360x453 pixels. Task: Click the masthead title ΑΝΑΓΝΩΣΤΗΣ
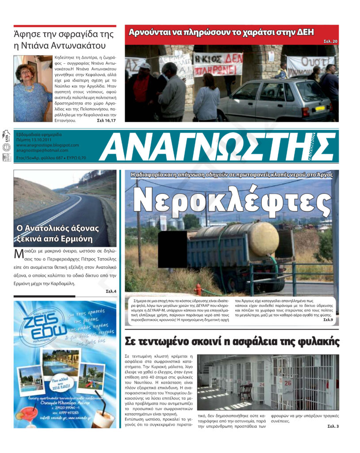[217, 147]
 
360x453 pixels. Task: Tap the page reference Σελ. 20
[330, 41]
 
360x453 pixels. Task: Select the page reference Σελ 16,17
[106, 120]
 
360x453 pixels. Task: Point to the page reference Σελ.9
[328, 319]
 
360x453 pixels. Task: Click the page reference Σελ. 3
[333, 426]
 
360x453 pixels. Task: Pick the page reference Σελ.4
[111, 292]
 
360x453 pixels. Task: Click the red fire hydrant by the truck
[198, 290]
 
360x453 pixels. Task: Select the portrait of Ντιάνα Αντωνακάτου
[32, 88]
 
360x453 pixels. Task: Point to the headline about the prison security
[232, 342]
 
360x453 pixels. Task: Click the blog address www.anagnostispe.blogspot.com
[47, 145]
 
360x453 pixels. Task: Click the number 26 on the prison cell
[288, 383]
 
